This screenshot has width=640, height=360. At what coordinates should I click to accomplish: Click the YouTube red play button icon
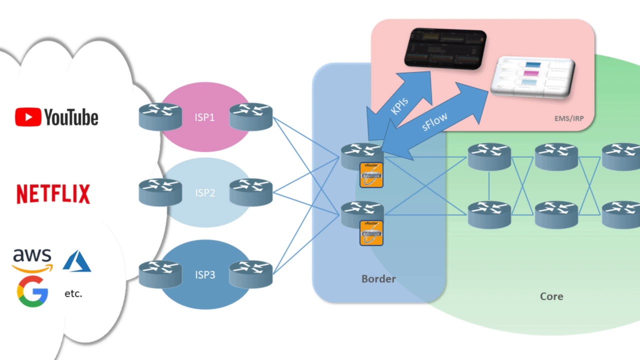point(28,117)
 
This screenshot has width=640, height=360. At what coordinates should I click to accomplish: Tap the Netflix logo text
point(53,194)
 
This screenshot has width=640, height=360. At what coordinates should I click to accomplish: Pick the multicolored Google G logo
point(32,291)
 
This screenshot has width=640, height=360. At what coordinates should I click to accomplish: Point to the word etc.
point(73,294)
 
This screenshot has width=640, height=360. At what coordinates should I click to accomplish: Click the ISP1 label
point(204,117)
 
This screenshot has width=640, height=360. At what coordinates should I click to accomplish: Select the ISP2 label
point(204,193)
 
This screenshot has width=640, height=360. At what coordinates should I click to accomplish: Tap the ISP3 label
point(205,275)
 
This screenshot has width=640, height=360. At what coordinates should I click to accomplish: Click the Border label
point(378,279)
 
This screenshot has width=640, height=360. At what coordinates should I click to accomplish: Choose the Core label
point(551,296)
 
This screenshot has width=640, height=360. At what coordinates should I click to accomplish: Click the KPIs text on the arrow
point(399,105)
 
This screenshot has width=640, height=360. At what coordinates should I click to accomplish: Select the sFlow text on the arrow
point(434,121)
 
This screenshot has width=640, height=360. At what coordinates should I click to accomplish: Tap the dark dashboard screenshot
point(445,48)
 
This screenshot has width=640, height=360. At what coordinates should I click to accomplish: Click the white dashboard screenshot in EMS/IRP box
point(533,76)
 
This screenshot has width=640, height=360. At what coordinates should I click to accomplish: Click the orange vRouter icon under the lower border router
point(371,233)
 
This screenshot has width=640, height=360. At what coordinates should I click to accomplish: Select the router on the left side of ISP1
point(160,116)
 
